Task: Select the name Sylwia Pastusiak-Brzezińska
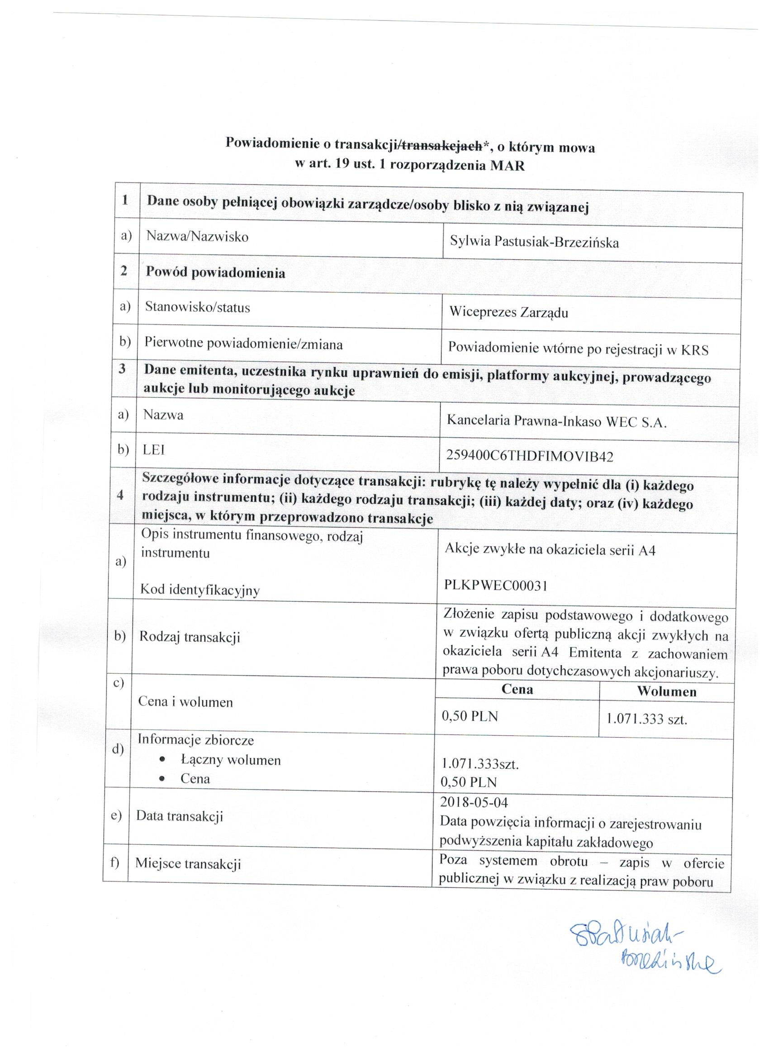534,243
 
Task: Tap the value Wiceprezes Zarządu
508,312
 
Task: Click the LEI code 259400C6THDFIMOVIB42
529,456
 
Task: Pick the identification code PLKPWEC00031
496,586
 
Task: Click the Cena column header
517,690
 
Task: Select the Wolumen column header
666,692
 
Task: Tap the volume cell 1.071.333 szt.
646,719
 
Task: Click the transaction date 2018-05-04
474,802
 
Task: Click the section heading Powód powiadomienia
215,272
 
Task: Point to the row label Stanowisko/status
197,307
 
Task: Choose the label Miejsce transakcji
188,863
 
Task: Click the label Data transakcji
179,816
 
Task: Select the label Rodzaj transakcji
190,637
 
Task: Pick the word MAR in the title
508,166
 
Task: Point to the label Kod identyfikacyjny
199,590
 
